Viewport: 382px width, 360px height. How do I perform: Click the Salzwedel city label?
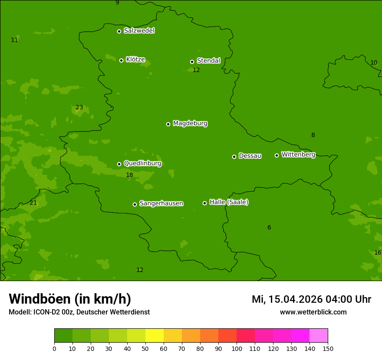pyautogui.click(x=139, y=31)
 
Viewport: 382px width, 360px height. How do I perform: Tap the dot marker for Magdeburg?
pyautogui.click(x=168, y=124)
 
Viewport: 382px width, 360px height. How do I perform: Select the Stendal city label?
pyautogui.click(x=208, y=61)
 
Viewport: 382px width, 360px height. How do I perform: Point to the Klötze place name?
pyautogui.click(x=135, y=60)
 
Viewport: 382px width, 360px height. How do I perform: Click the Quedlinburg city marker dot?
pyautogui.click(x=119, y=164)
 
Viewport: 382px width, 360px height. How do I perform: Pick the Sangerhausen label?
pyautogui.click(x=161, y=203)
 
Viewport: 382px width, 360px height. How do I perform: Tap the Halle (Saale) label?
pyautogui.click(x=229, y=202)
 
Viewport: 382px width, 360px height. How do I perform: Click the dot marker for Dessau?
pyautogui.click(x=234, y=157)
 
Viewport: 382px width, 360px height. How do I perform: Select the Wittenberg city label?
pyautogui.click(x=298, y=155)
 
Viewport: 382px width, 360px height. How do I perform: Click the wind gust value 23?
pyautogui.click(x=79, y=108)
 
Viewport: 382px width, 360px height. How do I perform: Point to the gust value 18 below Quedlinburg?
pyautogui.click(x=129, y=175)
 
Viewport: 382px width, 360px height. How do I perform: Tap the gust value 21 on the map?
pyautogui.click(x=33, y=203)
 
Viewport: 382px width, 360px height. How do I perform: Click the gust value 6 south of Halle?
pyautogui.click(x=269, y=228)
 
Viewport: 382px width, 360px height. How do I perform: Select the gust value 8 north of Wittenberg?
pyautogui.click(x=313, y=135)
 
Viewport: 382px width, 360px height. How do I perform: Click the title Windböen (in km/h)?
pyautogui.click(x=70, y=299)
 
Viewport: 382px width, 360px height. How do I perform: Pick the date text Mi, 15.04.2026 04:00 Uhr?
pyautogui.click(x=311, y=299)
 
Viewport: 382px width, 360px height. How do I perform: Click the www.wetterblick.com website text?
pyautogui.click(x=313, y=312)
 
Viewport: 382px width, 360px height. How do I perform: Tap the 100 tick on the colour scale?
pyautogui.click(x=237, y=348)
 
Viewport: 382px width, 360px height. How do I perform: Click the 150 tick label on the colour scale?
pyautogui.click(x=328, y=348)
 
